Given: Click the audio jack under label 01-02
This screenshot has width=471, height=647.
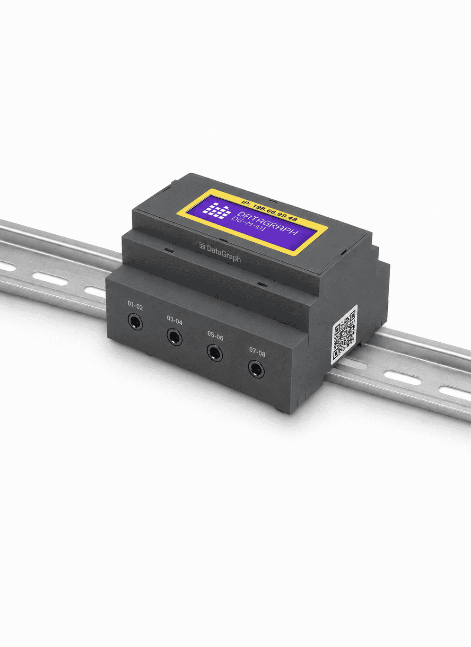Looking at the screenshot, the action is pos(135,321).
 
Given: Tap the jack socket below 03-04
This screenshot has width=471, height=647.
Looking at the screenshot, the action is pos(174,337).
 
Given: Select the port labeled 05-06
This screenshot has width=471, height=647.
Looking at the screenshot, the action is pos(215,353).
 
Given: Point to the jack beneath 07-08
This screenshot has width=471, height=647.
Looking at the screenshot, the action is pos(256,369).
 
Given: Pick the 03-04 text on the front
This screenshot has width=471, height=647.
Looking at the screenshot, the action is pos(174,320).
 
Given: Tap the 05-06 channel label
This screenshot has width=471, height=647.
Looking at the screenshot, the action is pos(215,336).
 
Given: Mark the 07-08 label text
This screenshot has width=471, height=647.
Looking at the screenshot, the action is pos(257,352).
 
